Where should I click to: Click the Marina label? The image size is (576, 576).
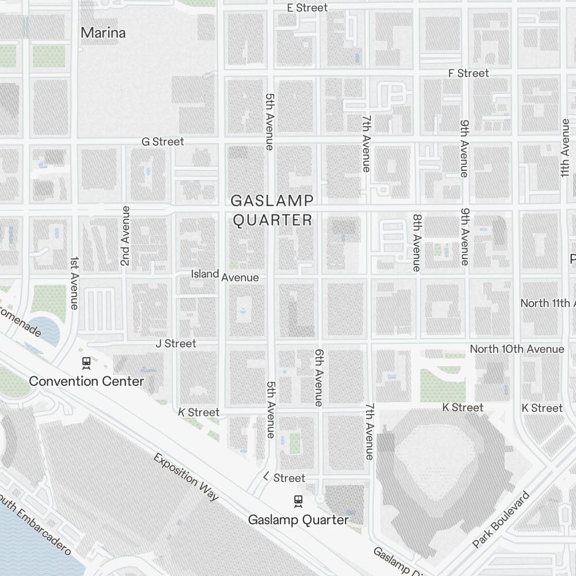103,33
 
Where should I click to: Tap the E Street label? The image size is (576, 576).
307,7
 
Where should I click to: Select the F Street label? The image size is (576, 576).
468,73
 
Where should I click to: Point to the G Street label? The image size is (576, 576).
163,142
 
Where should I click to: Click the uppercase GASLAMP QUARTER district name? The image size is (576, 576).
272,210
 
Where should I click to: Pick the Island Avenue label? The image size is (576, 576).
225,275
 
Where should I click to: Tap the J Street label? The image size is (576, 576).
176,343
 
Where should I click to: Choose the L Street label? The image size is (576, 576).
284,478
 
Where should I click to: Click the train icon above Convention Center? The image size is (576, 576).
86,363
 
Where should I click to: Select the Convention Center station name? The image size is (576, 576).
86,381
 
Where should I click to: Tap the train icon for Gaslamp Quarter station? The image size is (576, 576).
298,501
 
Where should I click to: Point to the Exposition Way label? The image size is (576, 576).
186,477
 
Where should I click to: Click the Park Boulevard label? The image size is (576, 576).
501,520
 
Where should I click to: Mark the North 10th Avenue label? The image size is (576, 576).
517,349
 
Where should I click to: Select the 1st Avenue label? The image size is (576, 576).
74,283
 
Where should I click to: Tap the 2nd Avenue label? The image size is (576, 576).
125,236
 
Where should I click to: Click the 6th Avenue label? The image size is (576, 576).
319,377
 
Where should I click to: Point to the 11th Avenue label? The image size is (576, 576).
565,149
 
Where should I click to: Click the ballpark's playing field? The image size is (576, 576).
439,461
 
